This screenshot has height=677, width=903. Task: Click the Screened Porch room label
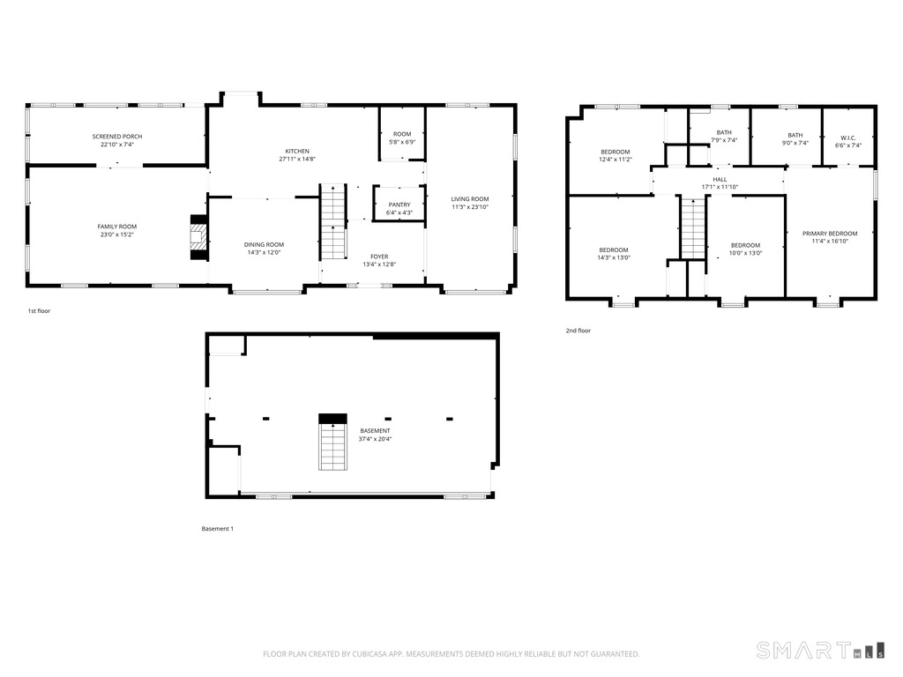[117, 137]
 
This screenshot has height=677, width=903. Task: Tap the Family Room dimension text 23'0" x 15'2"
[117, 235]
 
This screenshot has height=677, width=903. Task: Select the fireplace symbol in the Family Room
[200, 237]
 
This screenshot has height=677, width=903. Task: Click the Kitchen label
[296, 151]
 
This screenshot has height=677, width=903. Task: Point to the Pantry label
[399, 205]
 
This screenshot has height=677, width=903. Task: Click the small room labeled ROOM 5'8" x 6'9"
[402, 138]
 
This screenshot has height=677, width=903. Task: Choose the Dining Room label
[264, 244]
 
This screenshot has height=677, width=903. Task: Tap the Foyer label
[379, 257]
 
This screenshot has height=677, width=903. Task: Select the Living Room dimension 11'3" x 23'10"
[470, 207]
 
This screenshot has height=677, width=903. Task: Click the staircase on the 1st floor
[332, 222]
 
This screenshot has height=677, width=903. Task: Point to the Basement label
[375, 430]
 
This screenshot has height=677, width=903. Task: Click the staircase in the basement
[332, 445]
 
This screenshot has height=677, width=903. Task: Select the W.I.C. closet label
[848, 138]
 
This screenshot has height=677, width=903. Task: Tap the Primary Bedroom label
[829, 234]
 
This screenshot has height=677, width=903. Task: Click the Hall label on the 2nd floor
[720, 179]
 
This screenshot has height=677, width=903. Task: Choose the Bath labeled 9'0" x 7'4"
[795, 138]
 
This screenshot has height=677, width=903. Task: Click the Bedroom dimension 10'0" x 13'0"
[745, 253]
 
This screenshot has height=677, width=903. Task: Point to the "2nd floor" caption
[578, 331]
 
